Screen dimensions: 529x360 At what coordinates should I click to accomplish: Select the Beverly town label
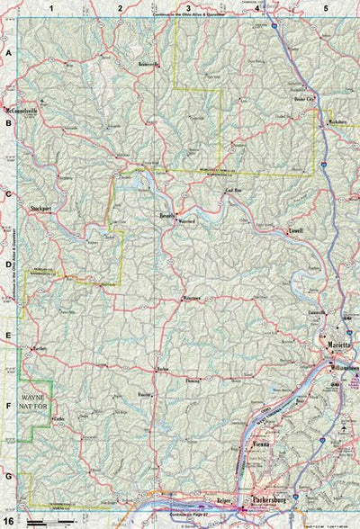coord(168,217)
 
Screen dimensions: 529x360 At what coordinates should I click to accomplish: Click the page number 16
coord(8,520)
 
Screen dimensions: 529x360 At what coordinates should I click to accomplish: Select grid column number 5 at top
coord(325,7)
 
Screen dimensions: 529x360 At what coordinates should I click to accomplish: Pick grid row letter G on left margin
coord(8,476)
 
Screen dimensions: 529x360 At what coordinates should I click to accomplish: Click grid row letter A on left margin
coord(8,54)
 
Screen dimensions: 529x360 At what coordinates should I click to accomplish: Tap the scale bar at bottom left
coord(49,522)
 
